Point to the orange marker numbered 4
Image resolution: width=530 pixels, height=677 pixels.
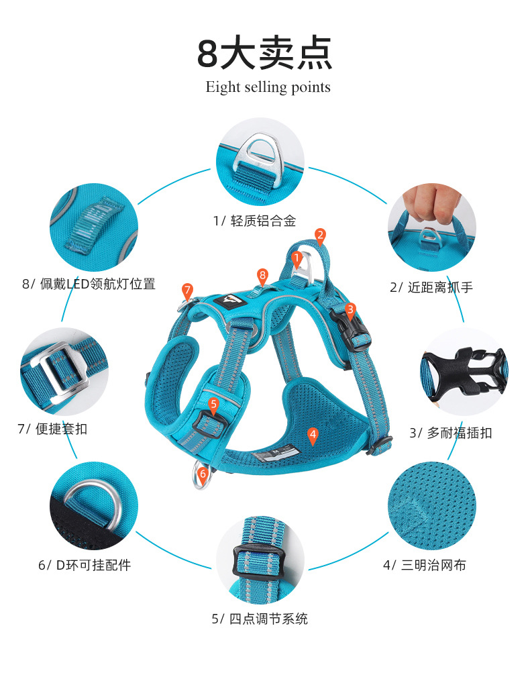[x=312, y=435]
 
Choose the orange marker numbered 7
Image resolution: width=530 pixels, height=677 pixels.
[x=187, y=290]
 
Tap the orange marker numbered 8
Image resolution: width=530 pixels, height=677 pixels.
[x=262, y=275]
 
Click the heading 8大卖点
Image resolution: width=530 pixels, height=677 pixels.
[x=265, y=54]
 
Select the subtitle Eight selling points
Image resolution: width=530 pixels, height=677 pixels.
[x=268, y=87]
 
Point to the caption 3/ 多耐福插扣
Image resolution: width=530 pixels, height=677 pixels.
[x=451, y=433]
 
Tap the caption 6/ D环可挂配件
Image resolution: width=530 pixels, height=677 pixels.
[x=85, y=565]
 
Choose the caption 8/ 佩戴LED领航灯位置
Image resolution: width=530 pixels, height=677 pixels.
[x=89, y=284]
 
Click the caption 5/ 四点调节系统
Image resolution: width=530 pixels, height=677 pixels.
[x=260, y=619]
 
